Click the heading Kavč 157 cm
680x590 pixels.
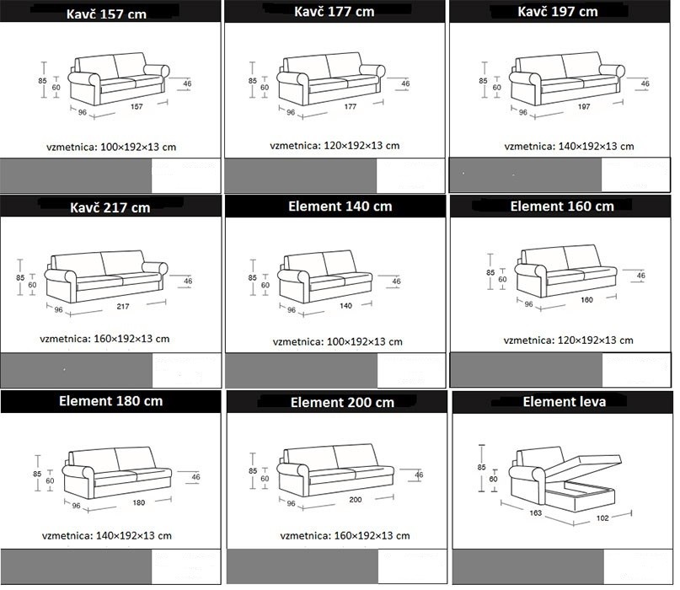(106, 13)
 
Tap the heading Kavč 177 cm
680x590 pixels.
(335, 11)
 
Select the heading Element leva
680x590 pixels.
(565, 402)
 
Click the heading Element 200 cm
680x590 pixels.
(343, 403)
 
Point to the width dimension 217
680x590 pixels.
(123, 306)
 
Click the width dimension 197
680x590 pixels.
(584, 107)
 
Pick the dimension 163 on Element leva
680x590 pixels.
(536, 512)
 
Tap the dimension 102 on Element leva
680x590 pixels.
(602, 518)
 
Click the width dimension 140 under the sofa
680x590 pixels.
(345, 306)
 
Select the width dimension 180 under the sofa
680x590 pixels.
(139, 503)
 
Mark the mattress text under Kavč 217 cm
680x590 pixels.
(104, 339)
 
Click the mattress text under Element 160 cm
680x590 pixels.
(569, 341)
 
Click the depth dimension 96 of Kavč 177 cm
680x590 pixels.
(291, 112)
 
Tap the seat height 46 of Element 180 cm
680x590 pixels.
(196, 477)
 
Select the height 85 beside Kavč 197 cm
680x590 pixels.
(483, 81)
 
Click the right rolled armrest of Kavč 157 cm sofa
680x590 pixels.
(157, 70)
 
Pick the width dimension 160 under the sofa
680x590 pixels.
(586, 300)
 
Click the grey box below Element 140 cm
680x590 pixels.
(302, 370)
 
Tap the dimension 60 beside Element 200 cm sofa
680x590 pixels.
(265, 479)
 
